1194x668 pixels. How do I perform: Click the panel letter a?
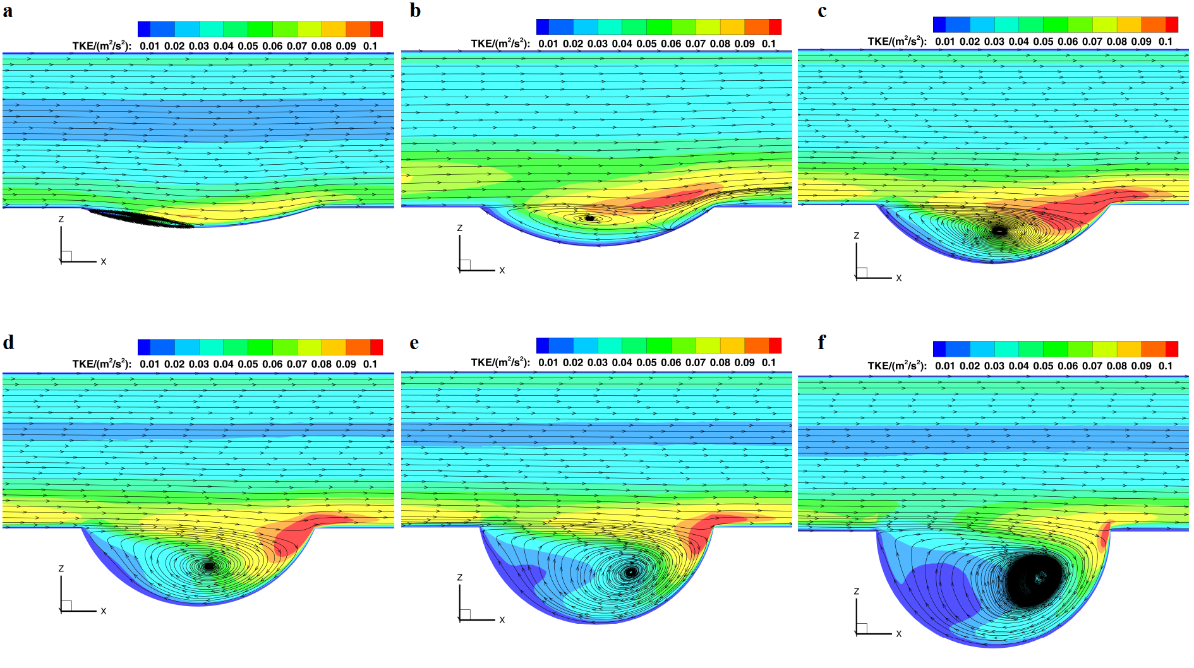[x=8, y=11]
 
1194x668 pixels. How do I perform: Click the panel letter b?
[x=415, y=11]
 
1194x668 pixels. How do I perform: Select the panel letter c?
[x=822, y=11]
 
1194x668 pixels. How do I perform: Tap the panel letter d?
[x=8, y=342]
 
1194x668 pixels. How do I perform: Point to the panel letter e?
[x=414, y=343]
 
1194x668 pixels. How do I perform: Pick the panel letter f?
[x=821, y=342]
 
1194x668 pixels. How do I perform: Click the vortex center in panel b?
[x=589, y=218]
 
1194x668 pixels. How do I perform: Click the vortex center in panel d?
[x=210, y=566]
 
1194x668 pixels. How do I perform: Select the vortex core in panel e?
[x=630, y=572]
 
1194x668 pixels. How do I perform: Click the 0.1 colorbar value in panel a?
[x=370, y=46]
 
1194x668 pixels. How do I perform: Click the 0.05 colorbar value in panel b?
[x=646, y=44]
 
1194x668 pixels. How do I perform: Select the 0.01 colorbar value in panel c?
[x=945, y=42]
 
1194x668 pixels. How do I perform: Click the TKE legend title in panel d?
[x=102, y=364]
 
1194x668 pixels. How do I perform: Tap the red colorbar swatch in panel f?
[x=1172, y=349]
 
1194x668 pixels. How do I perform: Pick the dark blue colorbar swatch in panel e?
[x=542, y=345]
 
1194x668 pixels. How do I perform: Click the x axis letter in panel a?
[x=104, y=261]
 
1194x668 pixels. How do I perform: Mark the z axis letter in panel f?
[x=857, y=592]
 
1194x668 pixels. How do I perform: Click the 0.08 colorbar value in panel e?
[x=720, y=362]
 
